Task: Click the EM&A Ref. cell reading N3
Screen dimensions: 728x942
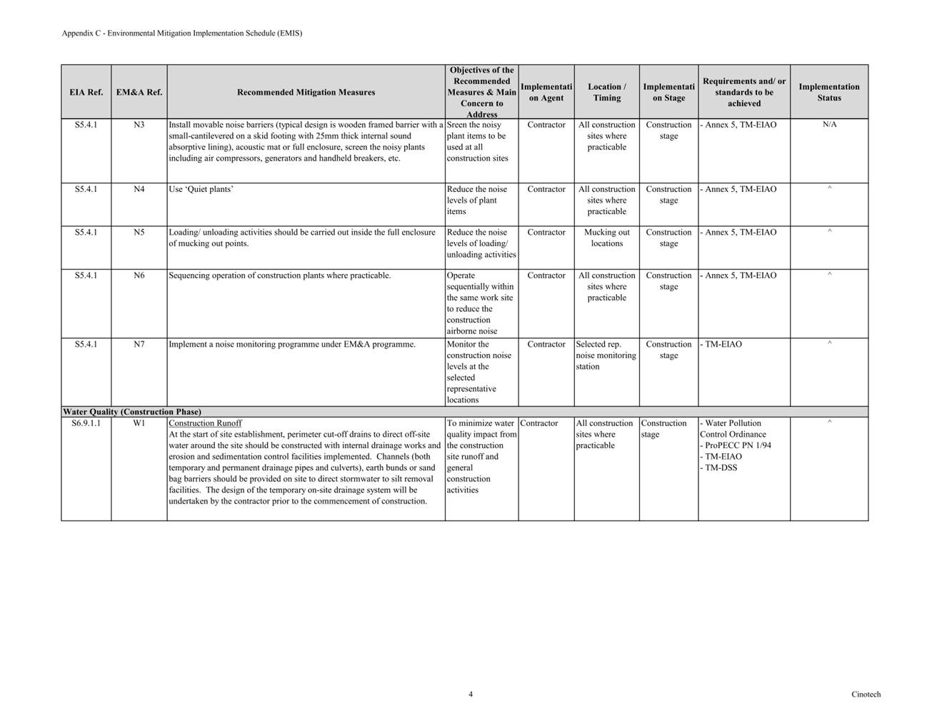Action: (139, 125)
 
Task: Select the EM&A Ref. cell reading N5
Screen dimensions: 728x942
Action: (139, 233)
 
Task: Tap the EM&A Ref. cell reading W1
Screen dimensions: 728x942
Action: (139, 423)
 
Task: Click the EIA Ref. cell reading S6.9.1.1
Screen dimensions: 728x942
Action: (86, 423)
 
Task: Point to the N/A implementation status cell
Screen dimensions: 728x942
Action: (829, 125)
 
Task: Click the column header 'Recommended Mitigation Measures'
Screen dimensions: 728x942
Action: (306, 92)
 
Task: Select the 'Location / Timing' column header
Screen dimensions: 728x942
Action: (606, 92)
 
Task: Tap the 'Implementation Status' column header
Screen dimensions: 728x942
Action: (829, 92)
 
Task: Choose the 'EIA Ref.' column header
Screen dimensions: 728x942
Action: (86, 92)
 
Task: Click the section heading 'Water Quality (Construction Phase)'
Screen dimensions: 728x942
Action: (132, 412)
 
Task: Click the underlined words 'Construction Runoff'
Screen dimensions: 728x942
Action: (205, 423)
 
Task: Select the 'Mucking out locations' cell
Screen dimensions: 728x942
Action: (606, 238)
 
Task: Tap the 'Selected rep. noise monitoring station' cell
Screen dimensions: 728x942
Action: (606, 355)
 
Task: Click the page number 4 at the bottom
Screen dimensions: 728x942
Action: (471, 694)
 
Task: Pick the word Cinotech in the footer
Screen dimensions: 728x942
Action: (866, 694)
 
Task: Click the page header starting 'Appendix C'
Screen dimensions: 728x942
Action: (181, 33)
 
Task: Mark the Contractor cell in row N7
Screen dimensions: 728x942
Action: (546, 344)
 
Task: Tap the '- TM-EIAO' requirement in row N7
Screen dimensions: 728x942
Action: (722, 344)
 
